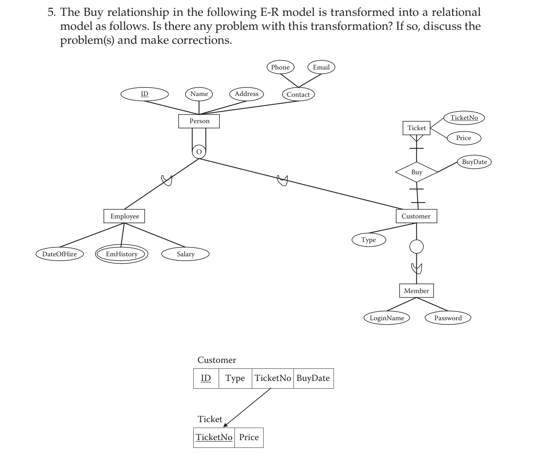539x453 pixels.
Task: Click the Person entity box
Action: (199, 121)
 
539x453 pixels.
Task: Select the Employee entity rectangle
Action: (124, 216)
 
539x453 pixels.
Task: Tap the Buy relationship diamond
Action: (416, 172)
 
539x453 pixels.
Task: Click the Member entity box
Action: (416, 290)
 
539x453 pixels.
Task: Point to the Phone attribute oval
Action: (280, 67)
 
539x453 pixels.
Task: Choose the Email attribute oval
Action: (321, 67)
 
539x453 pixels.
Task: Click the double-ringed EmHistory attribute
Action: (121, 254)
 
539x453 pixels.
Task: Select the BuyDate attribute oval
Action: (474, 162)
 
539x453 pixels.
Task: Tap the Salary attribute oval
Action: (185, 254)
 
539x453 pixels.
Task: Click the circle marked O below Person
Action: (199, 151)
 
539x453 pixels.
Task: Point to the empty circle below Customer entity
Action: (416, 247)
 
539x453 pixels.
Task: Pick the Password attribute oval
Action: (448, 318)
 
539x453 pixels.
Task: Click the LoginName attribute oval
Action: (387, 318)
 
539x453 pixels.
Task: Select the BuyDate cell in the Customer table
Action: (313, 378)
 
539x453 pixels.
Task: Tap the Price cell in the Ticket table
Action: (249, 438)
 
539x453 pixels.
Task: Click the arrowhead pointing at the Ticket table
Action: (225, 425)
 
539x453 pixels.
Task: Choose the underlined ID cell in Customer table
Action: (206, 378)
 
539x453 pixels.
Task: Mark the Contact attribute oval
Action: (298, 94)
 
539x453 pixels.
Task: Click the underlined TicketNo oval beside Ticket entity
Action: (464, 118)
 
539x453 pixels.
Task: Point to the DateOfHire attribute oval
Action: (59, 254)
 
